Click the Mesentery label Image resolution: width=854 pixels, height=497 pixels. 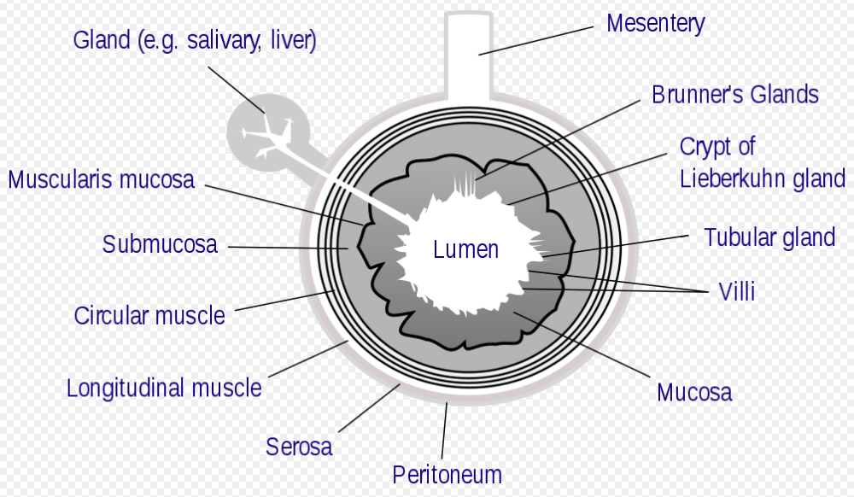pyautogui.click(x=655, y=23)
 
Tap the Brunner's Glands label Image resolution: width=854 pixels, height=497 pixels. pyautogui.click(x=734, y=94)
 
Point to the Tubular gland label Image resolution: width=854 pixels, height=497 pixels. pyautogui.click(x=769, y=237)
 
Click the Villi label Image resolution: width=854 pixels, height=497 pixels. pyautogui.click(x=737, y=292)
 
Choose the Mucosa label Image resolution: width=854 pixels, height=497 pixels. pyautogui.click(x=693, y=392)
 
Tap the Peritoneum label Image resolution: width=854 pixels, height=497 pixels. pyautogui.click(x=447, y=474)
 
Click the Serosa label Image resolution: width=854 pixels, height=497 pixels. pyautogui.click(x=298, y=446)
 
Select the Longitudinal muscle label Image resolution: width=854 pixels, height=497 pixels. pyautogui.click(x=164, y=388)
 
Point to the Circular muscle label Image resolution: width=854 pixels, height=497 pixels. pyautogui.click(x=149, y=315)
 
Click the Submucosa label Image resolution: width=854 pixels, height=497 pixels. pyautogui.click(x=160, y=245)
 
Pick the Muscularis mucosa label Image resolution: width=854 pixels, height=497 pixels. pyautogui.click(x=101, y=180)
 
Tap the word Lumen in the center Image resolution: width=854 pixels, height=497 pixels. pyautogui.click(x=465, y=249)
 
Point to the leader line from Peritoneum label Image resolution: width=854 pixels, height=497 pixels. pyautogui.click(x=444, y=431)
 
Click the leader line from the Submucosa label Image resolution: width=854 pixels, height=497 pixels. pyautogui.click(x=287, y=248)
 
